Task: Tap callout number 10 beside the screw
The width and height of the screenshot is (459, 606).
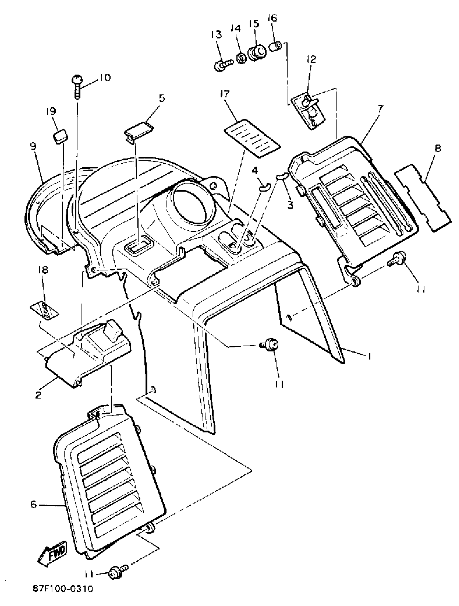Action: [x=104, y=78]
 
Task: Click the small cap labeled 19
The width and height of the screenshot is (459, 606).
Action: [x=60, y=136]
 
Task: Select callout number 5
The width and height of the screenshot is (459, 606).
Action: [x=162, y=98]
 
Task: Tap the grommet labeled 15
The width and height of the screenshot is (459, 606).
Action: [x=257, y=53]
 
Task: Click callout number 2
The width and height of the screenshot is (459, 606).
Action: [x=38, y=395]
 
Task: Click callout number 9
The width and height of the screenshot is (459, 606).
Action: [x=33, y=146]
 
